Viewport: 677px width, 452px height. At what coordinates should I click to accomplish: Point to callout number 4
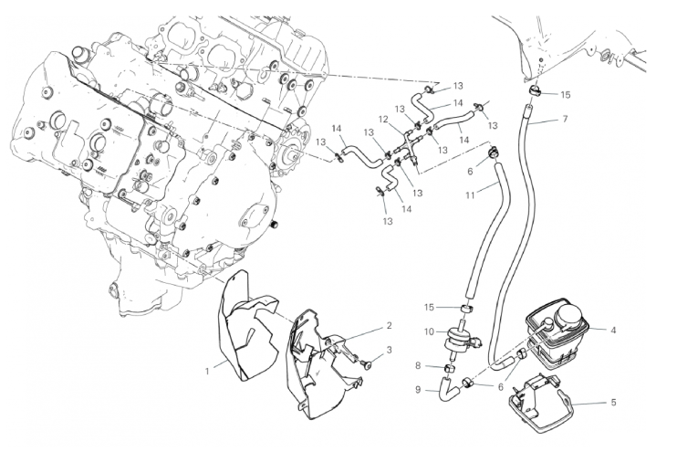coord(613,330)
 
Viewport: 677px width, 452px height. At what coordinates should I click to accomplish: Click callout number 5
coord(613,401)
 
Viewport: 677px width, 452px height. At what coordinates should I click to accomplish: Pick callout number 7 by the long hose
coord(565,120)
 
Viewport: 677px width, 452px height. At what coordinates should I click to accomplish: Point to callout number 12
coord(384,119)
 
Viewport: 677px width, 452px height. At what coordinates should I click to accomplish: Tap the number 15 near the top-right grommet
coord(565,94)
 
